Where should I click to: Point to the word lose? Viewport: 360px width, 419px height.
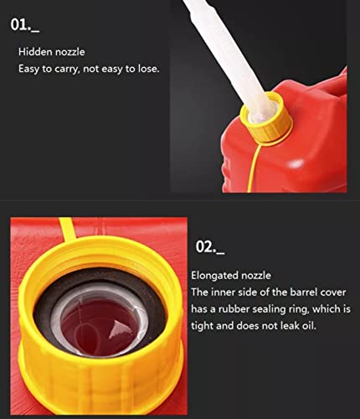[148, 69]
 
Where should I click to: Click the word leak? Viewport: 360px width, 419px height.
[289, 326]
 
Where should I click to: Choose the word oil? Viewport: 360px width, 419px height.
[310, 326]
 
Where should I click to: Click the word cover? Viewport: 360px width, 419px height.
[333, 292]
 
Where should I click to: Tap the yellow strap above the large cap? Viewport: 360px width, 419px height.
[66, 230]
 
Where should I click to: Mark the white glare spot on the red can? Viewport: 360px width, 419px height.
[296, 163]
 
